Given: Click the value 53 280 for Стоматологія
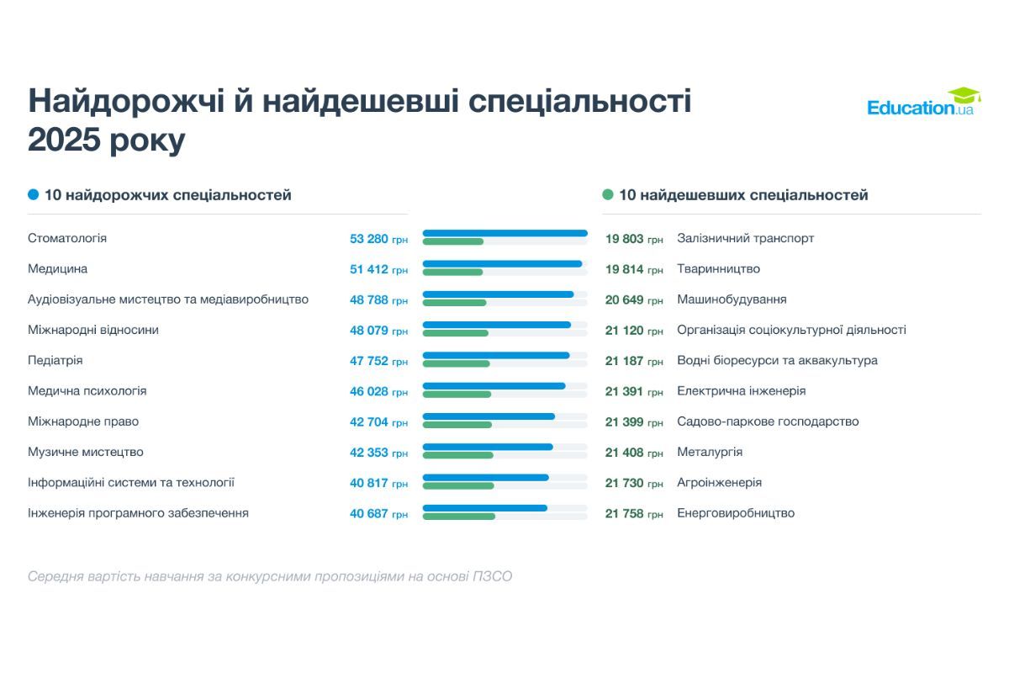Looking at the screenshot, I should (369, 239).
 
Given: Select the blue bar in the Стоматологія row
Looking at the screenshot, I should (504, 233).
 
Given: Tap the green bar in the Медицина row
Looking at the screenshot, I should (452, 273).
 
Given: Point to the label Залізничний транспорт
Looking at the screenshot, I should (745, 239).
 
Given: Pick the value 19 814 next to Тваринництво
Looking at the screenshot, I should (624, 269).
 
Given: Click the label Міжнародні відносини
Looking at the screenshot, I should (93, 331).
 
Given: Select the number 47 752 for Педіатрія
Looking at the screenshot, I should (369, 361).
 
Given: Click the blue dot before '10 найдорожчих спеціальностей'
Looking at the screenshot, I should (34, 195).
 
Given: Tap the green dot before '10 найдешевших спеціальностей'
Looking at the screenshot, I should (608, 195).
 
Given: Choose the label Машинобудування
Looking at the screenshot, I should (732, 299).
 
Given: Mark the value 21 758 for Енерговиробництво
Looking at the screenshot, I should (624, 513).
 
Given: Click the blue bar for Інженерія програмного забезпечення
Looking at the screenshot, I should (484, 508).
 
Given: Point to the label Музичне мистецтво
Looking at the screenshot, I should (86, 453).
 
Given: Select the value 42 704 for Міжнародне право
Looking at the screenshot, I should (369, 422).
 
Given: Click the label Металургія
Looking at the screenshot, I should (710, 453).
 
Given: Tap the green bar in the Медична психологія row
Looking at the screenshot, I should (457, 395).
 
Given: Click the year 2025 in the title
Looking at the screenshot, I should (64, 140).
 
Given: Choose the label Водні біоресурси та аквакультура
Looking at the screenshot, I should (777, 361).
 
